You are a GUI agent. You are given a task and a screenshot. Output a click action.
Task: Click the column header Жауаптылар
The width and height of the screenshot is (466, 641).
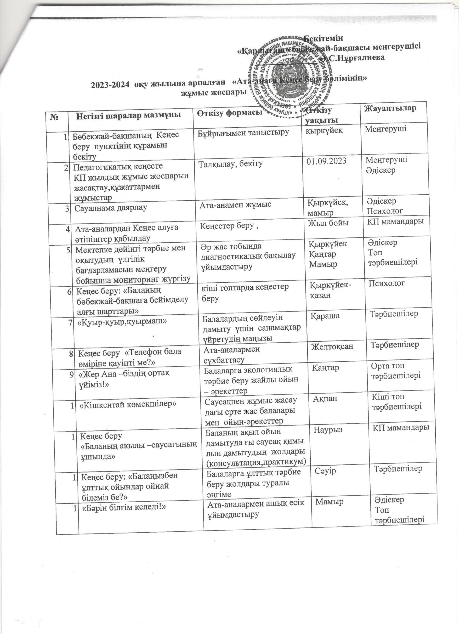[x=390, y=108]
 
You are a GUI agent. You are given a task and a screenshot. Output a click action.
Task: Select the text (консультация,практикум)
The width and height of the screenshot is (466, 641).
[x=257, y=462]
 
